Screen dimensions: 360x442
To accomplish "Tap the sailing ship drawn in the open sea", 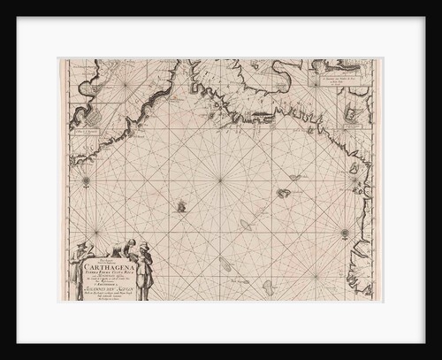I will (180, 209).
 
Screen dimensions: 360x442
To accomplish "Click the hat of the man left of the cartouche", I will (78, 244).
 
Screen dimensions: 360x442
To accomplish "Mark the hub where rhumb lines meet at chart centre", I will (220, 180).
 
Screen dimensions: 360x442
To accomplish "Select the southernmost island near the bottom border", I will (226, 264).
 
